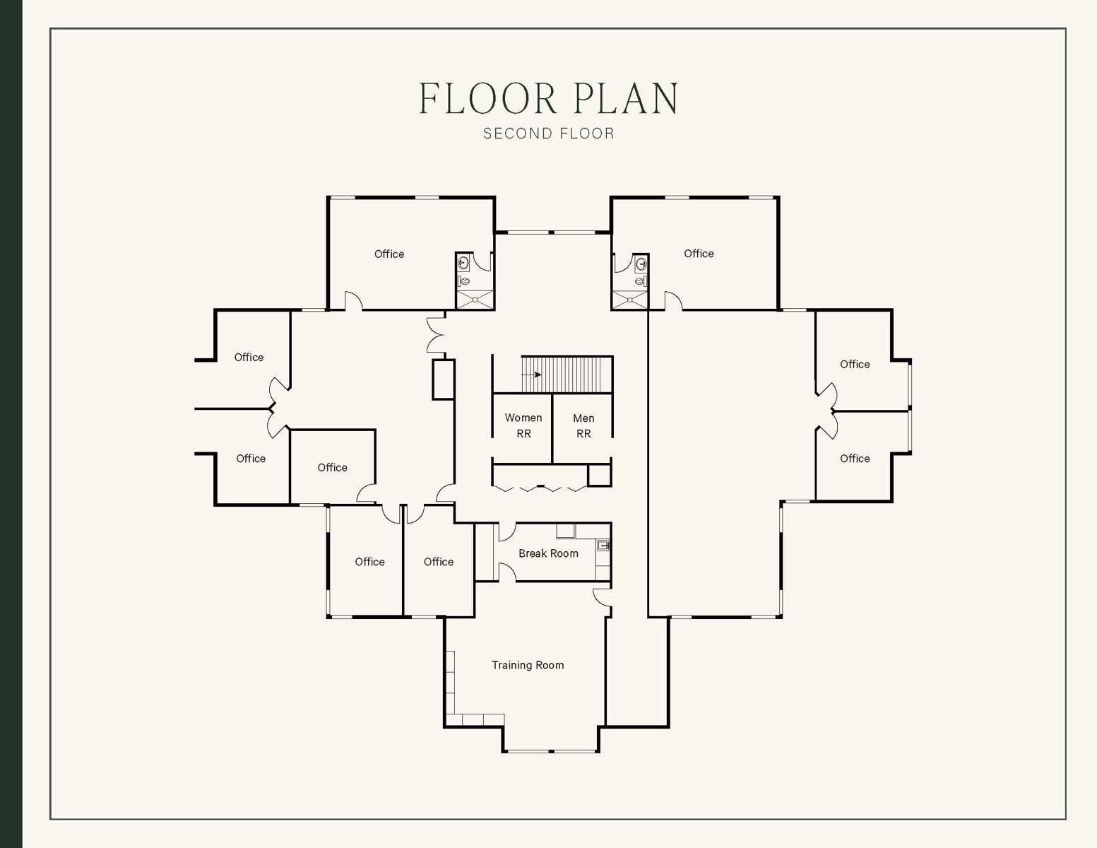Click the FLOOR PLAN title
coord(548,99)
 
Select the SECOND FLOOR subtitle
coord(548,134)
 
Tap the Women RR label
coord(523,425)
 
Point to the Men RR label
coord(583,425)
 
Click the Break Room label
coord(548,553)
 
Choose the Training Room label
coord(528,665)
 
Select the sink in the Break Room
coord(603,545)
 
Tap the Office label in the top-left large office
coord(389,254)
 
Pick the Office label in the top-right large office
coord(699,253)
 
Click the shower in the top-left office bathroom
coord(475,300)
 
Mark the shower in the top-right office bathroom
coord(629,300)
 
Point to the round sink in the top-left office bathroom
coord(463,264)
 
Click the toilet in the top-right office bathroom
coord(640,281)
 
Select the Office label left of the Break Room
coord(438,562)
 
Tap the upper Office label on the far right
coord(855,364)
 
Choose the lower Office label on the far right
coord(855,459)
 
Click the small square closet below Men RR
coord(599,475)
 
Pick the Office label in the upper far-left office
coord(249,358)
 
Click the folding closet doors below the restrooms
coord(540,488)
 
